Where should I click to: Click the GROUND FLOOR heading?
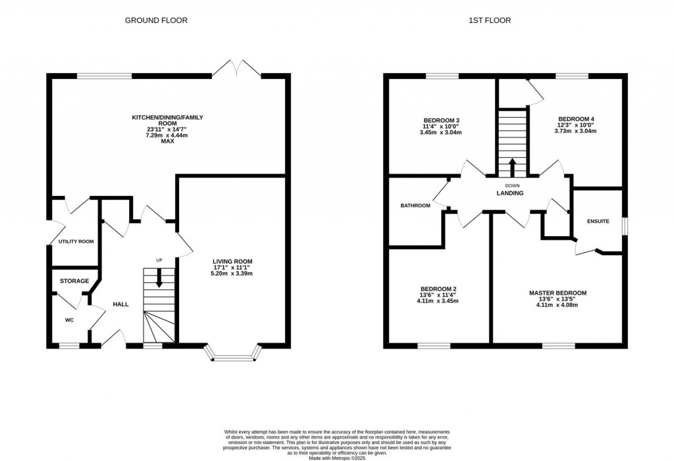156,20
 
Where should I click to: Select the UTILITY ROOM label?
76,241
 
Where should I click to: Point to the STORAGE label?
74,281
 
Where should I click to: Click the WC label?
68,320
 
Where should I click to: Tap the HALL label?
120,304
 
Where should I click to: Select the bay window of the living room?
233,357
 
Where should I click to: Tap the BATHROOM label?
415,206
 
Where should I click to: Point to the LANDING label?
509,193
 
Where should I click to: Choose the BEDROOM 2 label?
438,289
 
